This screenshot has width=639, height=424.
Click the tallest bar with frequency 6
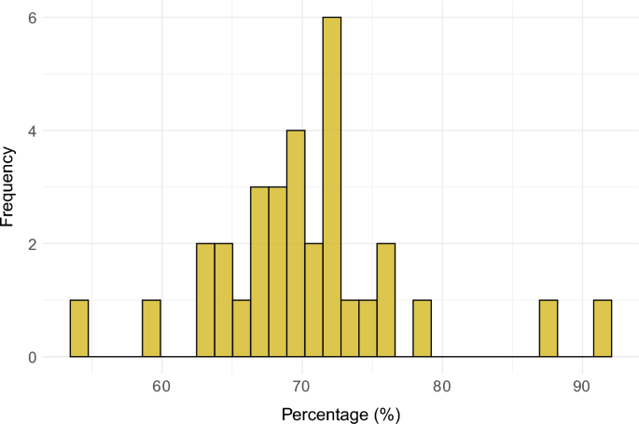(332, 186)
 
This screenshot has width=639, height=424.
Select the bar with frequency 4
(296, 243)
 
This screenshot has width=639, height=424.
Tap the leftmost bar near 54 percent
(79, 328)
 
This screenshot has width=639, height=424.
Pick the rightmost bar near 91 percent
(603, 328)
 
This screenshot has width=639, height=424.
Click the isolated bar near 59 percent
(151, 328)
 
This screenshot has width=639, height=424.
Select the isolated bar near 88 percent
(549, 328)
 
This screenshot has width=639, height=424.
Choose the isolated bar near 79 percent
(422, 328)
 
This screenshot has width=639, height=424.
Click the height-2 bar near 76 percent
(386, 300)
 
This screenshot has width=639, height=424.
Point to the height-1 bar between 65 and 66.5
(242, 328)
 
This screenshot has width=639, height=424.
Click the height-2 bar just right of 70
(313, 300)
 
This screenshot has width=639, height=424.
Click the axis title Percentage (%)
(340, 410)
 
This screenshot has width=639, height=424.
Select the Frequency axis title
(11, 186)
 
